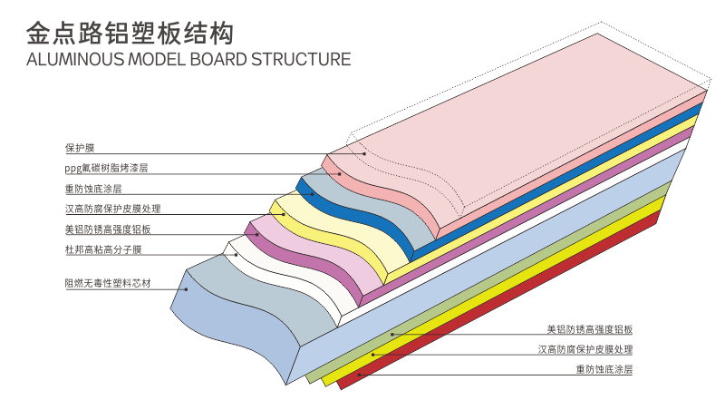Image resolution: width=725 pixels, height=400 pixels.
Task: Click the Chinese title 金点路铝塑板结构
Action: (x=130, y=34)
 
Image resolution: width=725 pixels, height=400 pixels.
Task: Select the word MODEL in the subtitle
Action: (x=151, y=61)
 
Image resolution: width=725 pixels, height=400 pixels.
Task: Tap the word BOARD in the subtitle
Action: (x=217, y=61)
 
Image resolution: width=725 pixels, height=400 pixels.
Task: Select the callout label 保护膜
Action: (x=79, y=148)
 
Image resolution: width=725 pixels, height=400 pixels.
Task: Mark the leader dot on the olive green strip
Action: (x=372, y=354)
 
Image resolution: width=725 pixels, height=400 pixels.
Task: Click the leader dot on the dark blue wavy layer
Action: (x=311, y=192)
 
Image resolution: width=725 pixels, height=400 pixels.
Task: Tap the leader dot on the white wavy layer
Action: (x=237, y=255)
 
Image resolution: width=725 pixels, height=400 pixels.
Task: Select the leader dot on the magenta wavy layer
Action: (x=258, y=235)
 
